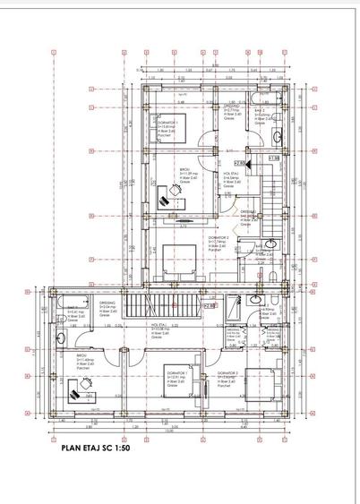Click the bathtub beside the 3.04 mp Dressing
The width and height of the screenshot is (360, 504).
tap(64, 308)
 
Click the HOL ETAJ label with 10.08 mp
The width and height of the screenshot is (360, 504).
tap(162, 328)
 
